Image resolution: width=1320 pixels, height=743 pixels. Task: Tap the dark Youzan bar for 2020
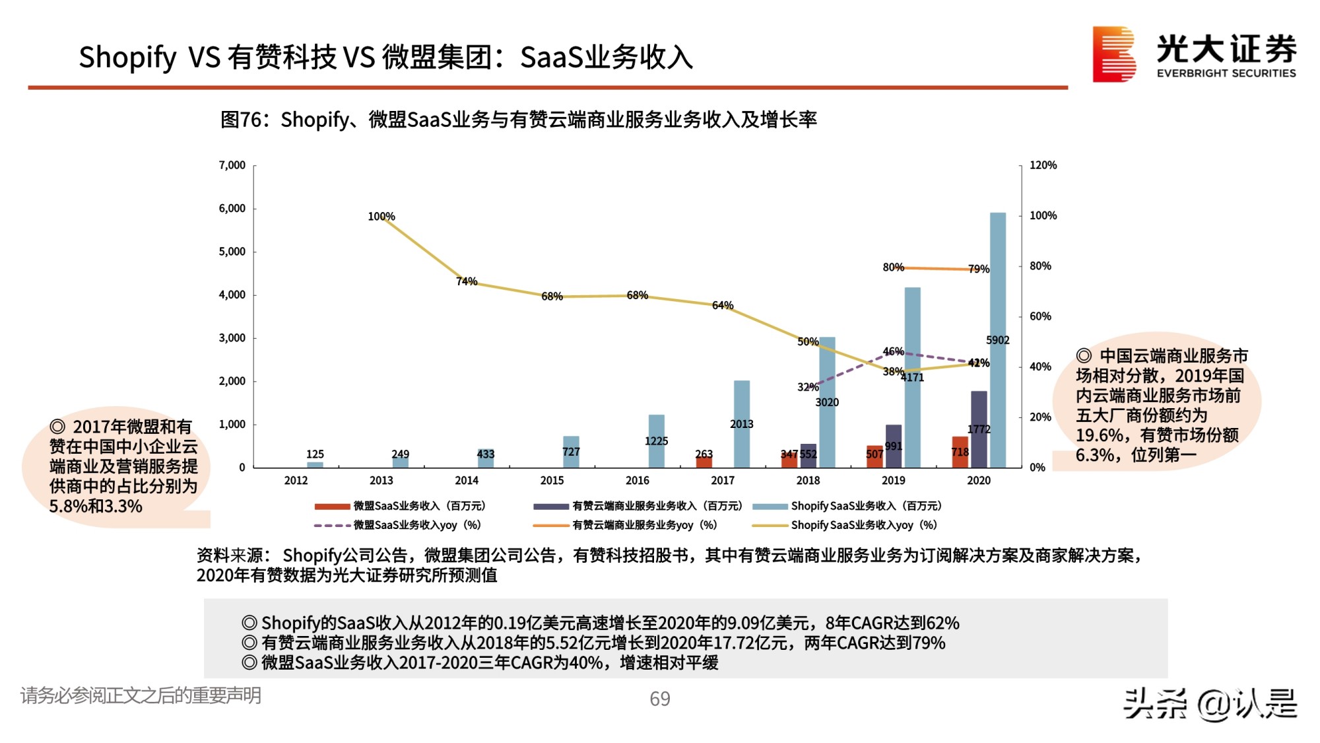(x=979, y=429)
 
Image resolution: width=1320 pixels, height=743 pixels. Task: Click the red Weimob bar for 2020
(x=960, y=452)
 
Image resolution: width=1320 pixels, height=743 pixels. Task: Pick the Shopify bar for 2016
(x=656, y=441)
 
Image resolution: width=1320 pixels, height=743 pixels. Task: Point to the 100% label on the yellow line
(x=381, y=217)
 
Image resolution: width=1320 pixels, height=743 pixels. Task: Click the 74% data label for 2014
(x=466, y=281)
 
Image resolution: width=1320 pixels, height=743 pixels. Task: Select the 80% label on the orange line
(x=893, y=267)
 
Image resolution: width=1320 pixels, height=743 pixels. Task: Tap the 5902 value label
(x=997, y=340)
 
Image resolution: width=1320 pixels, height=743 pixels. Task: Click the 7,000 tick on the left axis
(x=232, y=165)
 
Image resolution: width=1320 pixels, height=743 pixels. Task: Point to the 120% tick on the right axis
(x=1043, y=165)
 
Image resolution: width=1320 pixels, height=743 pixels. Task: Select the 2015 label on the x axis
(x=552, y=481)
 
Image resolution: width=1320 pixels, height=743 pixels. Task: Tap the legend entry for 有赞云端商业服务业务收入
(x=657, y=506)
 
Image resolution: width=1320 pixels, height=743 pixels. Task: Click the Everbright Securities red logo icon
(x=1113, y=54)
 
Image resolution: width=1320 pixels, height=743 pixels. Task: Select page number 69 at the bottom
(x=659, y=699)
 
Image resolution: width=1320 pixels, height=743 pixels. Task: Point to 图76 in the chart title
(x=241, y=120)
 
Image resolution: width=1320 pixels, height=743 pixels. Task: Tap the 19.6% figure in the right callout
(x=1098, y=435)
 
